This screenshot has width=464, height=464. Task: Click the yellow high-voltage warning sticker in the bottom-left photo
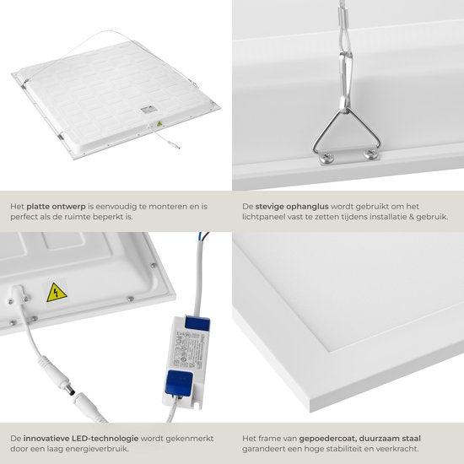tap(56, 292)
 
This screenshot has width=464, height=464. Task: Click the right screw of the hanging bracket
tap(369, 154)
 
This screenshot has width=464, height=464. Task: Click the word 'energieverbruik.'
tap(132, 449)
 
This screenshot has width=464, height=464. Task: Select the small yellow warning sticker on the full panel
tap(159, 123)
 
